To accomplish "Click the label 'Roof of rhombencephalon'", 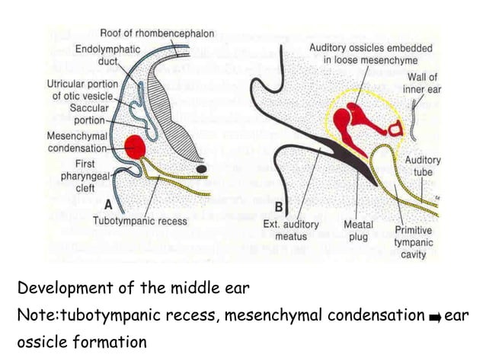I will point(158,34).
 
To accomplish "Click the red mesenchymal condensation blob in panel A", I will point(135,145).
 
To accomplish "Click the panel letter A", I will point(110,204).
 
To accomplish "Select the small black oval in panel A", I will point(202,166).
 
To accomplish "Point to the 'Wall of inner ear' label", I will point(424,82).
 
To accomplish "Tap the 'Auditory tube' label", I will point(423,166).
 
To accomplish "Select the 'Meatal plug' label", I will point(358,230).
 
